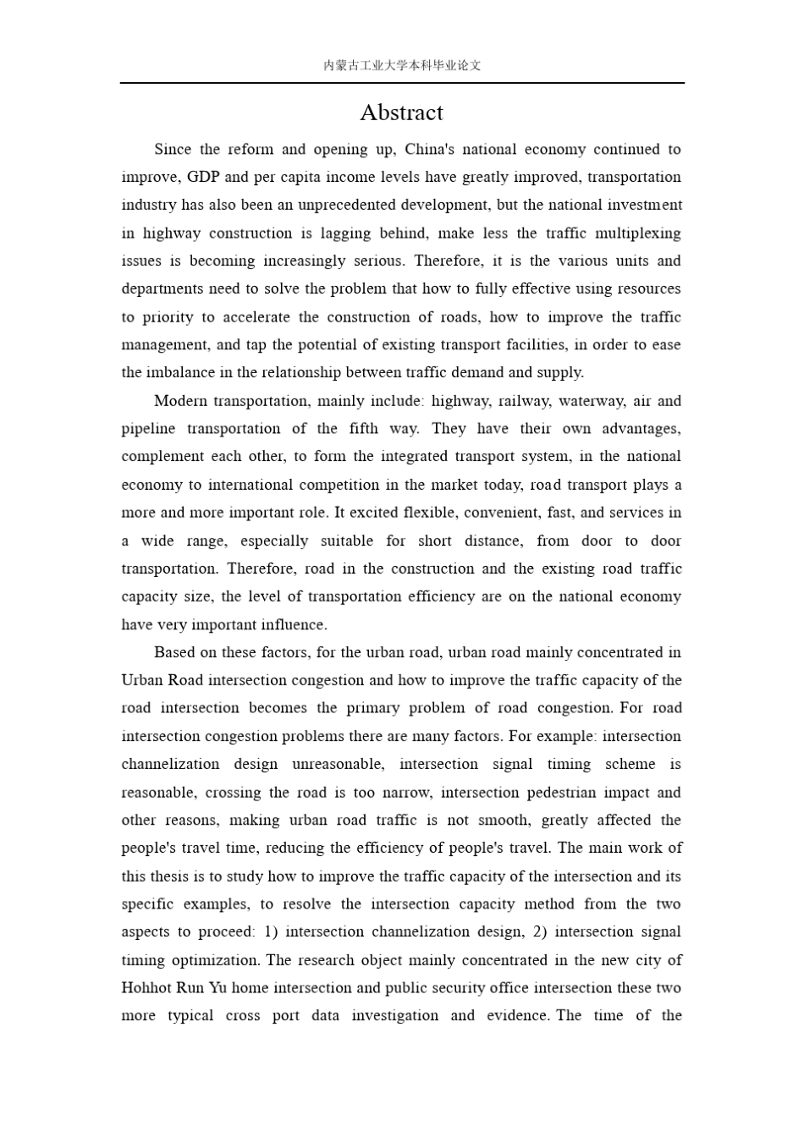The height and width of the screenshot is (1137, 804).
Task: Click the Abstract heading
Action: point(401,113)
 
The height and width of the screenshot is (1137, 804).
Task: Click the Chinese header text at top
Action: point(402,65)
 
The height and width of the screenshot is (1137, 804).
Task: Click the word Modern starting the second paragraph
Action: point(180,401)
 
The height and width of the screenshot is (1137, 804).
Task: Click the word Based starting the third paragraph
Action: point(173,652)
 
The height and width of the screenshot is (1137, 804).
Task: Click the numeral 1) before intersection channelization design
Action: point(271,931)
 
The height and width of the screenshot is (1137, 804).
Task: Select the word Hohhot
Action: point(146,988)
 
